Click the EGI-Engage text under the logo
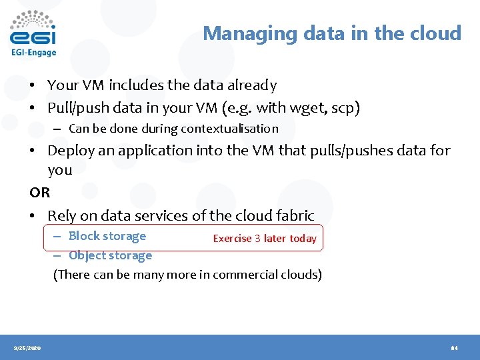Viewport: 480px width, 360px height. [x=33, y=52]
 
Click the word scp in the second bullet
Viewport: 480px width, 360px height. [x=346, y=107]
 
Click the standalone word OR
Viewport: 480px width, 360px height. [x=39, y=193]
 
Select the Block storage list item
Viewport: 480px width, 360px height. [x=107, y=236]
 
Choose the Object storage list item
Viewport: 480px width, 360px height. [x=110, y=255]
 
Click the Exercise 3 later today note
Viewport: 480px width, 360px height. [x=265, y=238]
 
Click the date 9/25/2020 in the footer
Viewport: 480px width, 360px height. [x=27, y=348]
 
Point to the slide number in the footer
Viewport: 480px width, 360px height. [x=454, y=348]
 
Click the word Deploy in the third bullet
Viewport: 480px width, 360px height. [x=71, y=151]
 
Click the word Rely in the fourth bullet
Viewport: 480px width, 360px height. [x=61, y=215]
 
